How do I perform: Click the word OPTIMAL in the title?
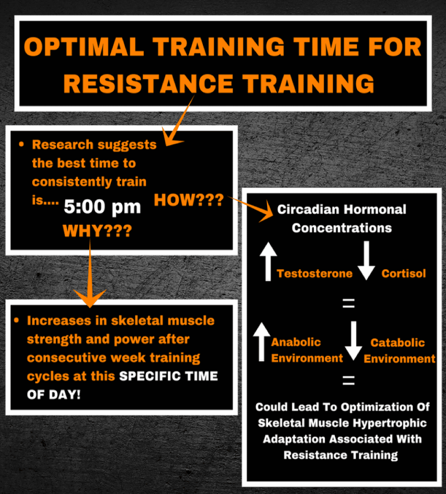point(84,47)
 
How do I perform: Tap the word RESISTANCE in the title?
point(149,83)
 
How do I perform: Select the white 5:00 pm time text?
point(102,207)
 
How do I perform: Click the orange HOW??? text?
point(189,200)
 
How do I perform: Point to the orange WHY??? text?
point(97,231)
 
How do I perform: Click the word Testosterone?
point(315,274)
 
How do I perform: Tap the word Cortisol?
point(404,274)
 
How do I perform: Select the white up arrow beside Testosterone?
point(268,261)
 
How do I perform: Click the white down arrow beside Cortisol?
point(366,261)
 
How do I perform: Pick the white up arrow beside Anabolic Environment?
point(261,342)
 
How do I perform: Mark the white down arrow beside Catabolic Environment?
point(354,341)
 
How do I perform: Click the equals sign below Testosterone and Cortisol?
point(349,303)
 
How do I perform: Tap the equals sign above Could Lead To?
point(349,380)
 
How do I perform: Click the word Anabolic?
point(296,342)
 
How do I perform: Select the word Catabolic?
point(397,343)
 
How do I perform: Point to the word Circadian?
point(308,209)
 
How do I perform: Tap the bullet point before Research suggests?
point(21,145)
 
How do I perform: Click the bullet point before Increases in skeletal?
point(16,320)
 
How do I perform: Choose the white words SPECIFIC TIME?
point(168,376)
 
